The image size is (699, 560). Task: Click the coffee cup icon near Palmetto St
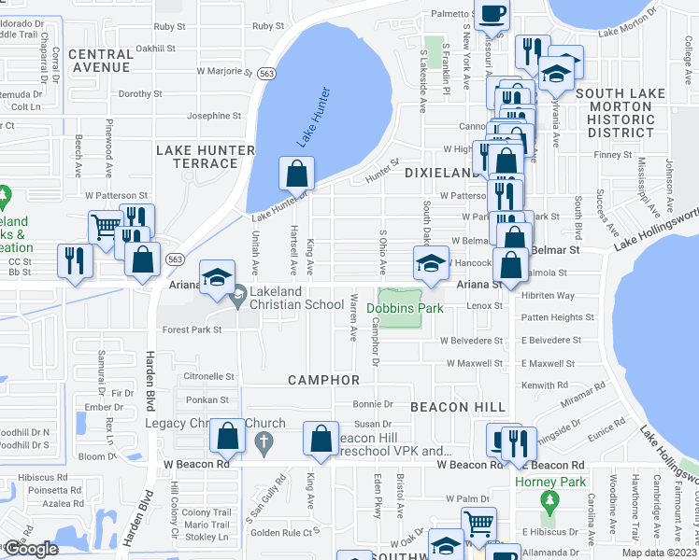click(492, 15)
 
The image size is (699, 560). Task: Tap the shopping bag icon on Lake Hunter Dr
click(296, 174)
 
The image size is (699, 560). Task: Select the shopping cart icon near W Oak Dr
click(478, 523)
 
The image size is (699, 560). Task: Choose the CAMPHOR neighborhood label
click(323, 380)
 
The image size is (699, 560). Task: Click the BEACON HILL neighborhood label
click(458, 408)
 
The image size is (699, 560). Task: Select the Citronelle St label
click(207, 376)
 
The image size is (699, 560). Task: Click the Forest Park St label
click(191, 329)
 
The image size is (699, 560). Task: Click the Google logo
click(31, 549)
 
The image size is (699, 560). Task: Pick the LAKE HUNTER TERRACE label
click(205, 157)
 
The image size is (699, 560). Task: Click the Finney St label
click(613, 155)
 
